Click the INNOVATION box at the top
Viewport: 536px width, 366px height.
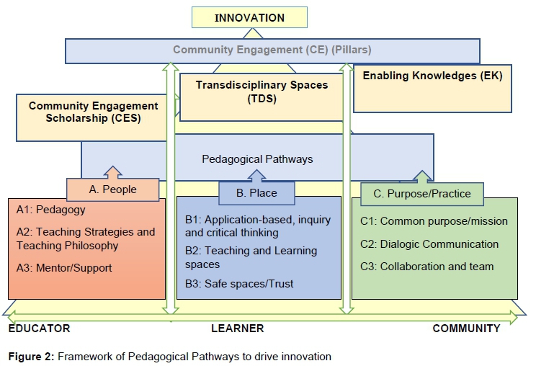click(x=249, y=17)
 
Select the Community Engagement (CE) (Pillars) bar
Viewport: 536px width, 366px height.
click(x=272, y=50)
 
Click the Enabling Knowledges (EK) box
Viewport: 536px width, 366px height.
click(x=432, y=76)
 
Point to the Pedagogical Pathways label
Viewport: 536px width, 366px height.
click(x=257, y=159)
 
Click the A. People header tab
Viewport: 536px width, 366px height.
click(x=112, y=189)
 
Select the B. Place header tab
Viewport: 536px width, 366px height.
click(x=256, y=193)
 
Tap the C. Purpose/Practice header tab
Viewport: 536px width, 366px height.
click(x=422, y=193)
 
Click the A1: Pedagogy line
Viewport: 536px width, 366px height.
click(x=50, y=210)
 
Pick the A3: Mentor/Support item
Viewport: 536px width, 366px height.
click(x=64, y=268)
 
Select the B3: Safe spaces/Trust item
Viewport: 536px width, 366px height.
click(x=239, y=284)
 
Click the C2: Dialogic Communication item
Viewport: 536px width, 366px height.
click(x=430, y=244)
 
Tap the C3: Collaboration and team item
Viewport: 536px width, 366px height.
click(x=427, y=267)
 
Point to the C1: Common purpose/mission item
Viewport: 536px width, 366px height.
click(x=434, y=221)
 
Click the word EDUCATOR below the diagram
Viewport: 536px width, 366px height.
click(x=39, y=329)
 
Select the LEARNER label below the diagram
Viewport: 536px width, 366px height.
click(x=237, y=329)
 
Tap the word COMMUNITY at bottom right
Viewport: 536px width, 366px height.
click(x=466, y=329)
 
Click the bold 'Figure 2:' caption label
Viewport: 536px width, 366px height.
click(x=31, y=357)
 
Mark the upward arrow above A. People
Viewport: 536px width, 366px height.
click(x=112, y=172)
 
